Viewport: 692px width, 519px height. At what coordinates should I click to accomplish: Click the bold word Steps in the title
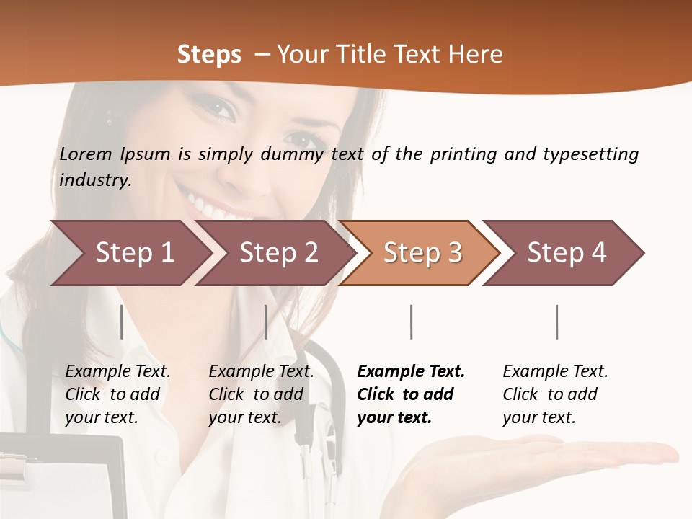[209, 55]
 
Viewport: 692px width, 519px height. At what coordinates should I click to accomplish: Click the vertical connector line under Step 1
[122, 321]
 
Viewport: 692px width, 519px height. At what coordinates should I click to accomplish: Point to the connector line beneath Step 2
[266, 321]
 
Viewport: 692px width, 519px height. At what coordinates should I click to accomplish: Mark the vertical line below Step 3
[411, 321]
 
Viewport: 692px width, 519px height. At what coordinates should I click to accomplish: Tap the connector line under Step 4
[556, 321]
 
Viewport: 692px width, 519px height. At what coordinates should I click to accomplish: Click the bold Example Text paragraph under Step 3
[411, 394]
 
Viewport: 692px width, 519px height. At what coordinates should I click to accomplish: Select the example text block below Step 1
[117, 394]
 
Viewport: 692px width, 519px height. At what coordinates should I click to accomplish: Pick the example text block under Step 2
[261, 394]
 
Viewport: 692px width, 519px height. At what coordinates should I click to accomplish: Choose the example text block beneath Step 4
[555, 394]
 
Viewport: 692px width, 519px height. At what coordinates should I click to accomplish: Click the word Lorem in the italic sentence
[86, 154]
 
